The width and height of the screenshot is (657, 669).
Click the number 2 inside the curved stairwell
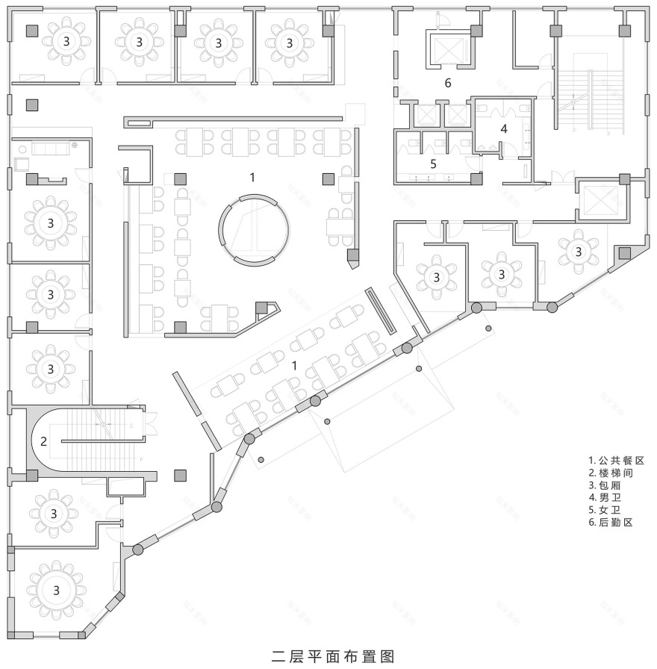tap(43, 441)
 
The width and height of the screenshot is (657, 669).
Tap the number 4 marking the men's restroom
tap(503, 128)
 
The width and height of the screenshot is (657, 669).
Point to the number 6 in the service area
tap(447, 83)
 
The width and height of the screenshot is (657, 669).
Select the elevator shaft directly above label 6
tap(446, 47)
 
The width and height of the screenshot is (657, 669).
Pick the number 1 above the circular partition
tap(253, 177)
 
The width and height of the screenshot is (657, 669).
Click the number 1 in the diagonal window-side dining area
tap(294, 366)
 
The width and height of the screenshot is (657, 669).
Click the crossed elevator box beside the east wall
tap(600, 200)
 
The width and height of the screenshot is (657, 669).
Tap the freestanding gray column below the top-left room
tap(31, 105)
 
